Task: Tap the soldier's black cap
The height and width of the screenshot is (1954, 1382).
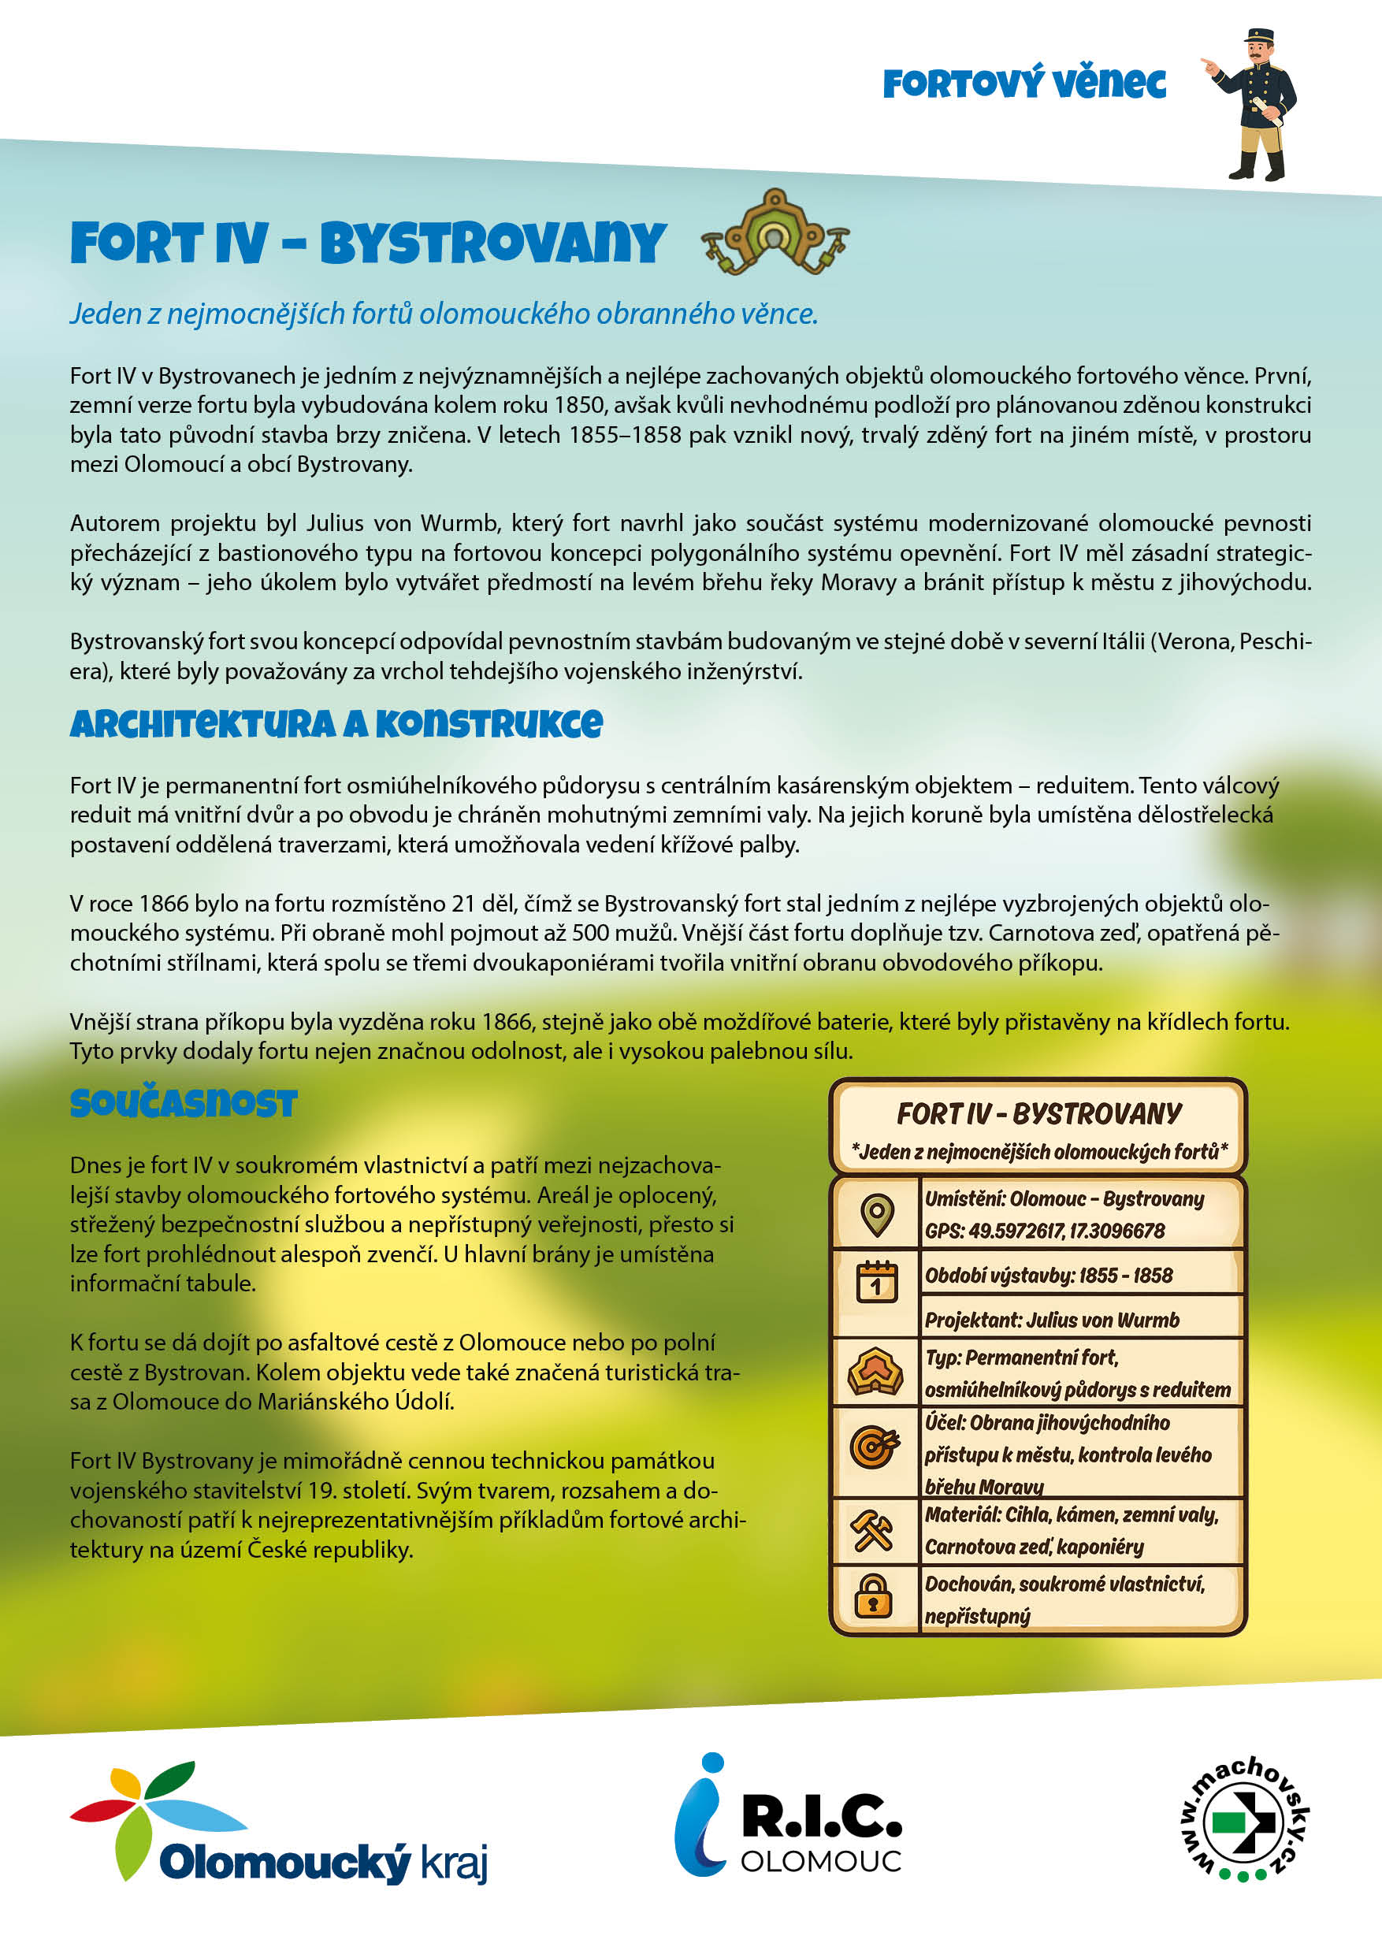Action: click(x=1258, y=36)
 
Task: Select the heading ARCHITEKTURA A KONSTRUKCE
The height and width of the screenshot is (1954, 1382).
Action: click(x=336, y=724)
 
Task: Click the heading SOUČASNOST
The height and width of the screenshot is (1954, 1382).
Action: click(x=184, y=1103)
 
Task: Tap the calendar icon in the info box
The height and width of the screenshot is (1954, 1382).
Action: click(x=876, y=1282)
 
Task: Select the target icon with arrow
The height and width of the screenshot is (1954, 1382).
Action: click(x=874, y=1446)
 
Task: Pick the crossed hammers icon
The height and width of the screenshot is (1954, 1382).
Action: click(x=872, y=1528)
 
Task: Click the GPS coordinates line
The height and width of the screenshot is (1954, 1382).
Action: click(x=1044, y=1231)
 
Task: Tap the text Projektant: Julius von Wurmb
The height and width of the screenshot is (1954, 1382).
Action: click(x=1052, y=1320)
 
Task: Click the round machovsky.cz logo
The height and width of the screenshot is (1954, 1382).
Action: click(x=1243, y=1817)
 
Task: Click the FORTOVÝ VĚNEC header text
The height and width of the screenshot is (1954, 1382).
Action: click(x=1023, y=84)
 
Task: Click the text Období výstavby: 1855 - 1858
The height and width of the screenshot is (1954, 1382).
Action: click(x=1049, y=1276)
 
